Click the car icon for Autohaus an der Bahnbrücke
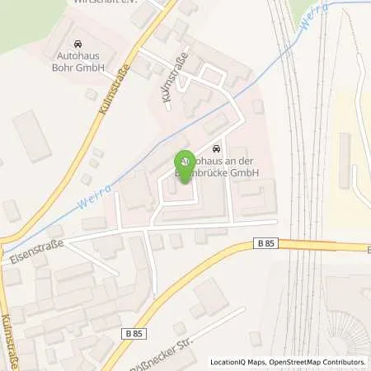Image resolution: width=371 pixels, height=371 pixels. coord(216,148)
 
